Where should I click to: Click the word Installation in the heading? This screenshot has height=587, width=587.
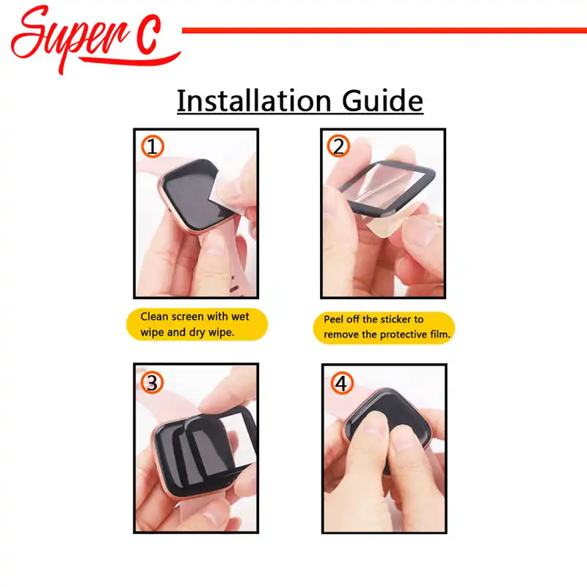pyautogui.click(x=254, y=101)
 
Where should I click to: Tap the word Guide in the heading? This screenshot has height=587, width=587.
pyautogui.click(x=382, y=101)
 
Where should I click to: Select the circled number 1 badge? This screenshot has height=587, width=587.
pyautogui.click(x=153, y=146)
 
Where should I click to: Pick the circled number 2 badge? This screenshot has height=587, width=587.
pyautogui.click(x=338, y=146)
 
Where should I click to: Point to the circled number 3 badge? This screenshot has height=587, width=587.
pyautogui.click(x=152, y=382)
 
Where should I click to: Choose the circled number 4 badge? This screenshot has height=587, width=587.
pyautogui.click(x=341, y=383)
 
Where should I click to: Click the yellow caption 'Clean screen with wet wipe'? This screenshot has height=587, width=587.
pyautogui.click(x=197, y=324)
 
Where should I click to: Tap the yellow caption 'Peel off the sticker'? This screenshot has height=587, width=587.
pyautogui.click(x=384, y=327)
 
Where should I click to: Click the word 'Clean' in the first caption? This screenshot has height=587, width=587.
pyautogui.click(x=154, y=317)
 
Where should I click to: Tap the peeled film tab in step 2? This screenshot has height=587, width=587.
pyautogui.click(x=390, y=221)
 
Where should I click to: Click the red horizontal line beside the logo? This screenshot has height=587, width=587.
pyautogui.click(x=384, y=31)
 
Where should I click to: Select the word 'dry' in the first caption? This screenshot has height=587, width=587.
pyautogui.click(x=197, y=333)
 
